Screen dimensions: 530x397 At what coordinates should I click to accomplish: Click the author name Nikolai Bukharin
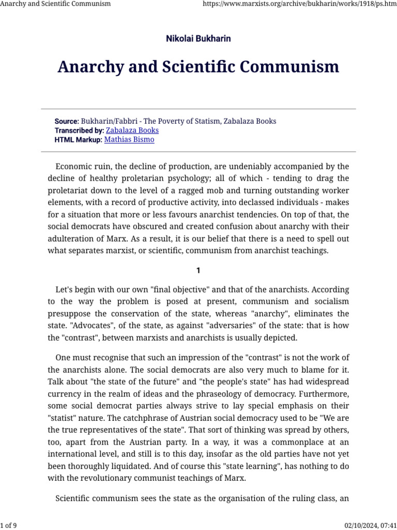198,39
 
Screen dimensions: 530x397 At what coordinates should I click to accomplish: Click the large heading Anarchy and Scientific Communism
198,67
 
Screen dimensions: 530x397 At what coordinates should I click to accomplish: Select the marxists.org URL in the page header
297,4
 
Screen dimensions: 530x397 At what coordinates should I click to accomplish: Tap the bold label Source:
67,121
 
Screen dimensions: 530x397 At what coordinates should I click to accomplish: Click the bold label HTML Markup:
79,140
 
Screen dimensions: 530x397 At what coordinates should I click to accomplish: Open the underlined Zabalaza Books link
132,130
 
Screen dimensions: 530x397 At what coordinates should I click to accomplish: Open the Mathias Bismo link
129,140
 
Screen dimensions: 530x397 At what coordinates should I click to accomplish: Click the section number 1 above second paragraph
198,271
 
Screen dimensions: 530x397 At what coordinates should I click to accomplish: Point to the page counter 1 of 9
9,526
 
